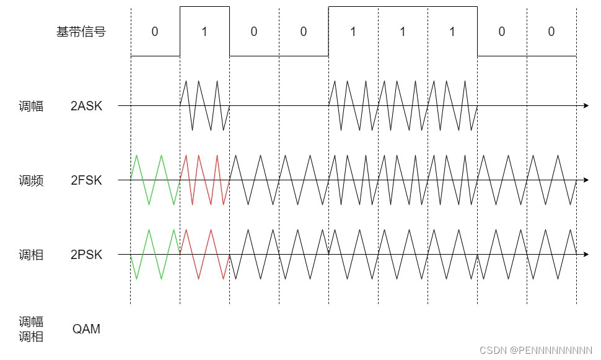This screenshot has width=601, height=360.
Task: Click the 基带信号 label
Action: click(x=81, y=32)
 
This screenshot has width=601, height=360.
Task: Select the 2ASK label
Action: click(x=86, y=106)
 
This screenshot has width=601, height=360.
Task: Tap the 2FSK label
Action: click(x=86, y=180)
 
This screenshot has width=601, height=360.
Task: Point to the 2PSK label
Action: click(x=86, y=255)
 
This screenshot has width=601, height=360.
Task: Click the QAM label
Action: click(x=86, y=329)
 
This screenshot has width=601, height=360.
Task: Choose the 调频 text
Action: click(x=31, y=180)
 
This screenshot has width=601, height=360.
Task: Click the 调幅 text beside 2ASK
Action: click(x=31, y=106)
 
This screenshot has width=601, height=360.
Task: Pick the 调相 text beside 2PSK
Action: click(x=31, y=255)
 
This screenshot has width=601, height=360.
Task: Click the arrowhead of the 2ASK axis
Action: click(x=586, y=106)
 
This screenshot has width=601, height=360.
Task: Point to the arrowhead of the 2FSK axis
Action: click(x=586, y=180)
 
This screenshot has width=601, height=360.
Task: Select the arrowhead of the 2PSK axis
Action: click(x=586, y=255)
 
